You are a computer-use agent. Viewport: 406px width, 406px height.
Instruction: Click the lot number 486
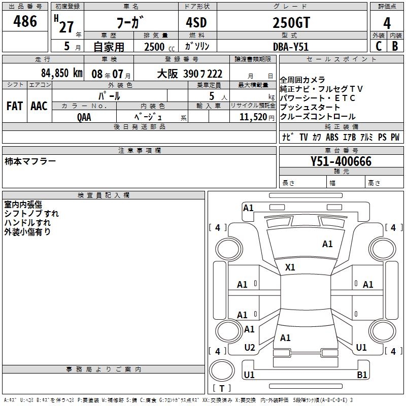click(x=25, y=21)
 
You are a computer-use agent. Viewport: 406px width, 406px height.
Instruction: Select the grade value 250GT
click(x=291, y=22)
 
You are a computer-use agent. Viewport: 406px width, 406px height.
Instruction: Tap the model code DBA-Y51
click(x=291, y=47)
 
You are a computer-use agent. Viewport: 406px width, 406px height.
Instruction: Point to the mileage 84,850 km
click(x=62, y=73)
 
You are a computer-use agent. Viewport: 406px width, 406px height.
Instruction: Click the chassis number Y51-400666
click(x=341, y=161)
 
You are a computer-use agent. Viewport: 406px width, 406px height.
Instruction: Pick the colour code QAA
click(x=84, y=117)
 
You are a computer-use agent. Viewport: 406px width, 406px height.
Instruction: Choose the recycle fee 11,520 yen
click(x=257, y=117)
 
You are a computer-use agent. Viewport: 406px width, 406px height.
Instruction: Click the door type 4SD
click(x=196, y=22)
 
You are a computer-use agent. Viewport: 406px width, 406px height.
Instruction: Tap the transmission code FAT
click(x=15, y=106)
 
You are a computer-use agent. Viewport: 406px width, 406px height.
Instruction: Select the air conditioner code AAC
click(x=39, y=106)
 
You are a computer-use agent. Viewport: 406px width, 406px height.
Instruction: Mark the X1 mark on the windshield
click(x=290, y=267)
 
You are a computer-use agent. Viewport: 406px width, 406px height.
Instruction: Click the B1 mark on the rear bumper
click(x=362, y=375)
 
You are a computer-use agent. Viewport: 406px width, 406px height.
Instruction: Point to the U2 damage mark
click(x=250, y=348)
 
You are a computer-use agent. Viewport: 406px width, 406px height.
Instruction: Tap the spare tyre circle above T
click(x=222, y=370)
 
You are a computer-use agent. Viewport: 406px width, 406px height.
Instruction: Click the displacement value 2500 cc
click(x=159, y=47)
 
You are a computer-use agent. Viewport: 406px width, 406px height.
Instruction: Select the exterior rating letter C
click(x=379, y=46)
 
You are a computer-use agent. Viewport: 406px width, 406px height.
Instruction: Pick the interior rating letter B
click(x=395, y=46)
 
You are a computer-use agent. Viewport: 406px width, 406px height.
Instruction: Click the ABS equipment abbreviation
click(x=332, y=137)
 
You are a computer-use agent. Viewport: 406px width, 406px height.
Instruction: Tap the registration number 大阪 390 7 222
click(x=189, y=74)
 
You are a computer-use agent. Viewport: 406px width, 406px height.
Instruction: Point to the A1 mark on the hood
click(x=327, y=244)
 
